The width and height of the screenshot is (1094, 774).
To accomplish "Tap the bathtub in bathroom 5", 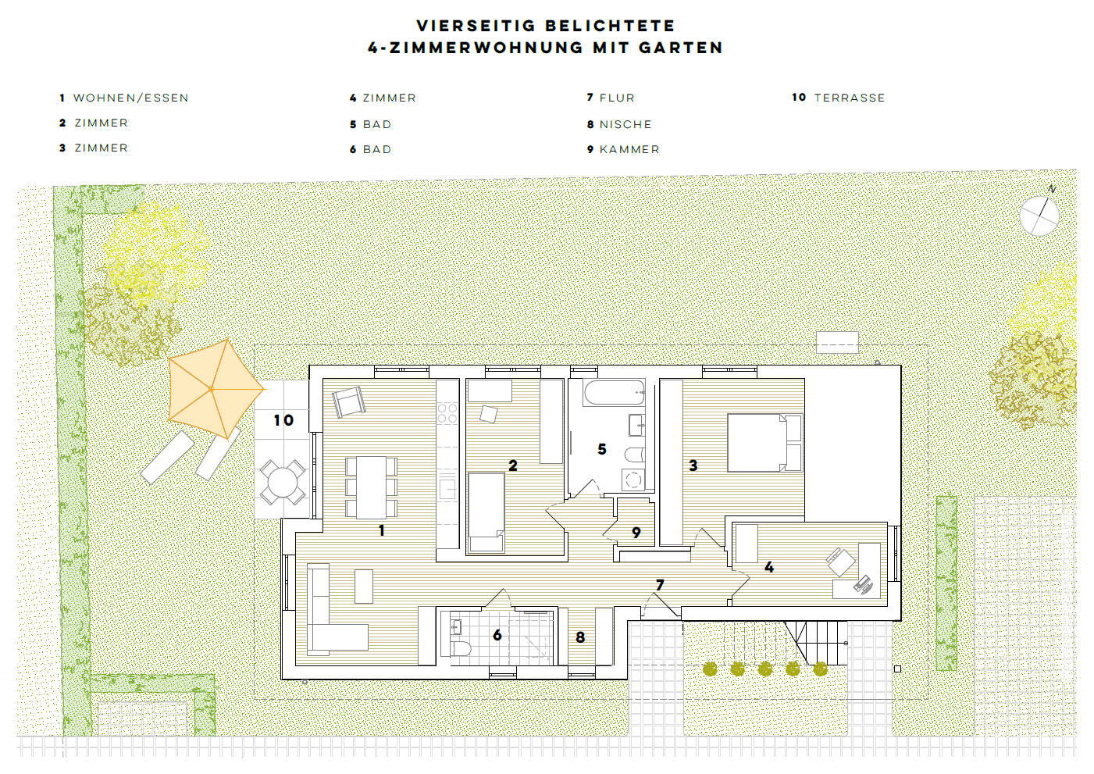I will pos(615,392).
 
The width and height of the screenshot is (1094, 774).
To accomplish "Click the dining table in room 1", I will pos(371,487).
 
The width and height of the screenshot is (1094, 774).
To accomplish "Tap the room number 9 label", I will pos(636,533).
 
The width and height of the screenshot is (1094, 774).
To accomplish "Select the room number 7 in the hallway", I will pos(660,585).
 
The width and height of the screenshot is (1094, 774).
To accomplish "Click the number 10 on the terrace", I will pos(283,421).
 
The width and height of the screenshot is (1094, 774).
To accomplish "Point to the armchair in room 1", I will pos(348,401).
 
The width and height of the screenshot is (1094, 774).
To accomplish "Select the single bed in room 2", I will pos(486,512).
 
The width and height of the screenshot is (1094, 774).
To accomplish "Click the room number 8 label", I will pos(580,637).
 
